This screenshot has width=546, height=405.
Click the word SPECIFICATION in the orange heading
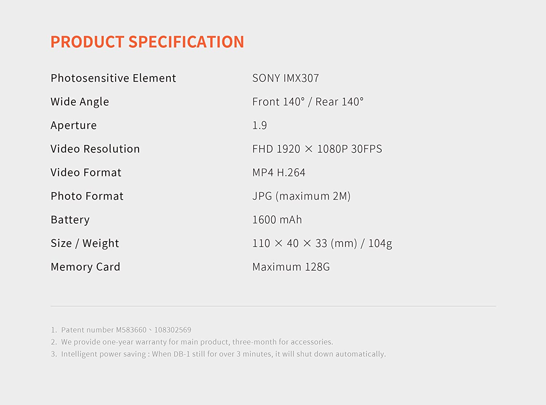click(186, 42)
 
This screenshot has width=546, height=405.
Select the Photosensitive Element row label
click(113, 78)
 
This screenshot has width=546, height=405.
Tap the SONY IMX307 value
click(285, 78)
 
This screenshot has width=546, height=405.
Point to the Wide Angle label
click(80, 102)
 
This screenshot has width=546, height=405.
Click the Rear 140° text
click(339, 102)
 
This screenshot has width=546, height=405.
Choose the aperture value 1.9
click(260, 125)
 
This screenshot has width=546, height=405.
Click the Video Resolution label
click(95, 149)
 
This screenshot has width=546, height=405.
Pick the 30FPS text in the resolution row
click(367, 149)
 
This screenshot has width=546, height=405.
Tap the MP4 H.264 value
click(279, 172)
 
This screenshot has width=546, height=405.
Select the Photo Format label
click(87, 196)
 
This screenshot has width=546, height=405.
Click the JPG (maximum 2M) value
click(301, 196)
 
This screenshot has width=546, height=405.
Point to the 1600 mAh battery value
click(277, 220)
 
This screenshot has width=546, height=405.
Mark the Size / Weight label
click(85, 243)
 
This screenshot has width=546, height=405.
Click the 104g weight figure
click(380, 244)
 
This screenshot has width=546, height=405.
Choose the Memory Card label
click(86, 267)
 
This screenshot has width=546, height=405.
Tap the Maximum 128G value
click(291, 267)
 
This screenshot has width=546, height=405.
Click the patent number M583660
click(131, 330)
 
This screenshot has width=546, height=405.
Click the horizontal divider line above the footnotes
click(273, 306)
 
